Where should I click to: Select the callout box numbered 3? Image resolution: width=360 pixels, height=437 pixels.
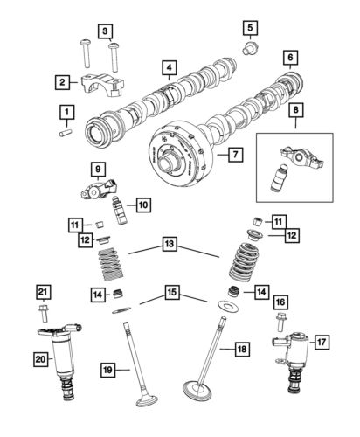pos(107,33)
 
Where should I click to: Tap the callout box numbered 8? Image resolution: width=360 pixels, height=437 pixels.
pos(295,111)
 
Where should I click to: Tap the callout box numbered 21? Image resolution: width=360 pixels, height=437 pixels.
pos(44,291)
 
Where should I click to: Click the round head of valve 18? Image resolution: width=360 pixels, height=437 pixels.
pos(203,386)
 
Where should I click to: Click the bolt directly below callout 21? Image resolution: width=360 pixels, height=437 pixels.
pos(43,311)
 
